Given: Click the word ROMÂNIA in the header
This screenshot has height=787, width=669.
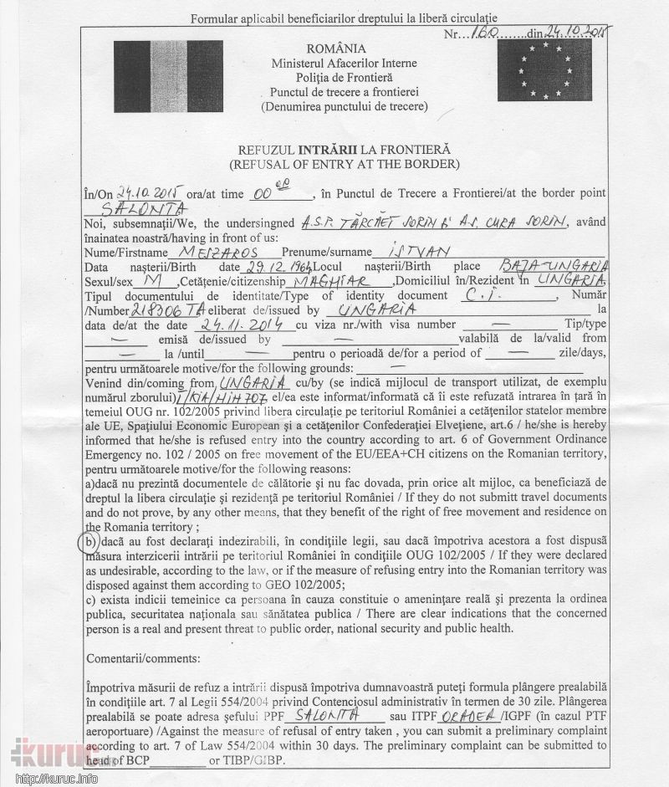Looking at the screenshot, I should pyautogui.click(x=343, y=49).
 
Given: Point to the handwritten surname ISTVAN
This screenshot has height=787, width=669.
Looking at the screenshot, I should pyautogui.click(x=402, y=251).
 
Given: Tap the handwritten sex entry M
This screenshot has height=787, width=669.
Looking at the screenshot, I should pyautogui.click(x=151, y=281).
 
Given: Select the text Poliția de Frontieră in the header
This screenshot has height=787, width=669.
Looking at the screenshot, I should pyautogui.click(x=343, y=77).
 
